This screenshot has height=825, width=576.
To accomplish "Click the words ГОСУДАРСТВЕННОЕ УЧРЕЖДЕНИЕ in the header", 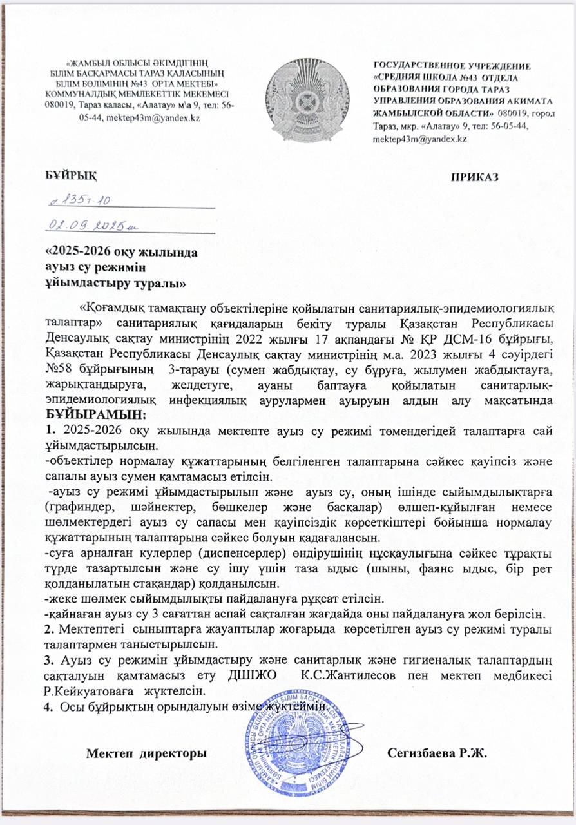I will (452, 66).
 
